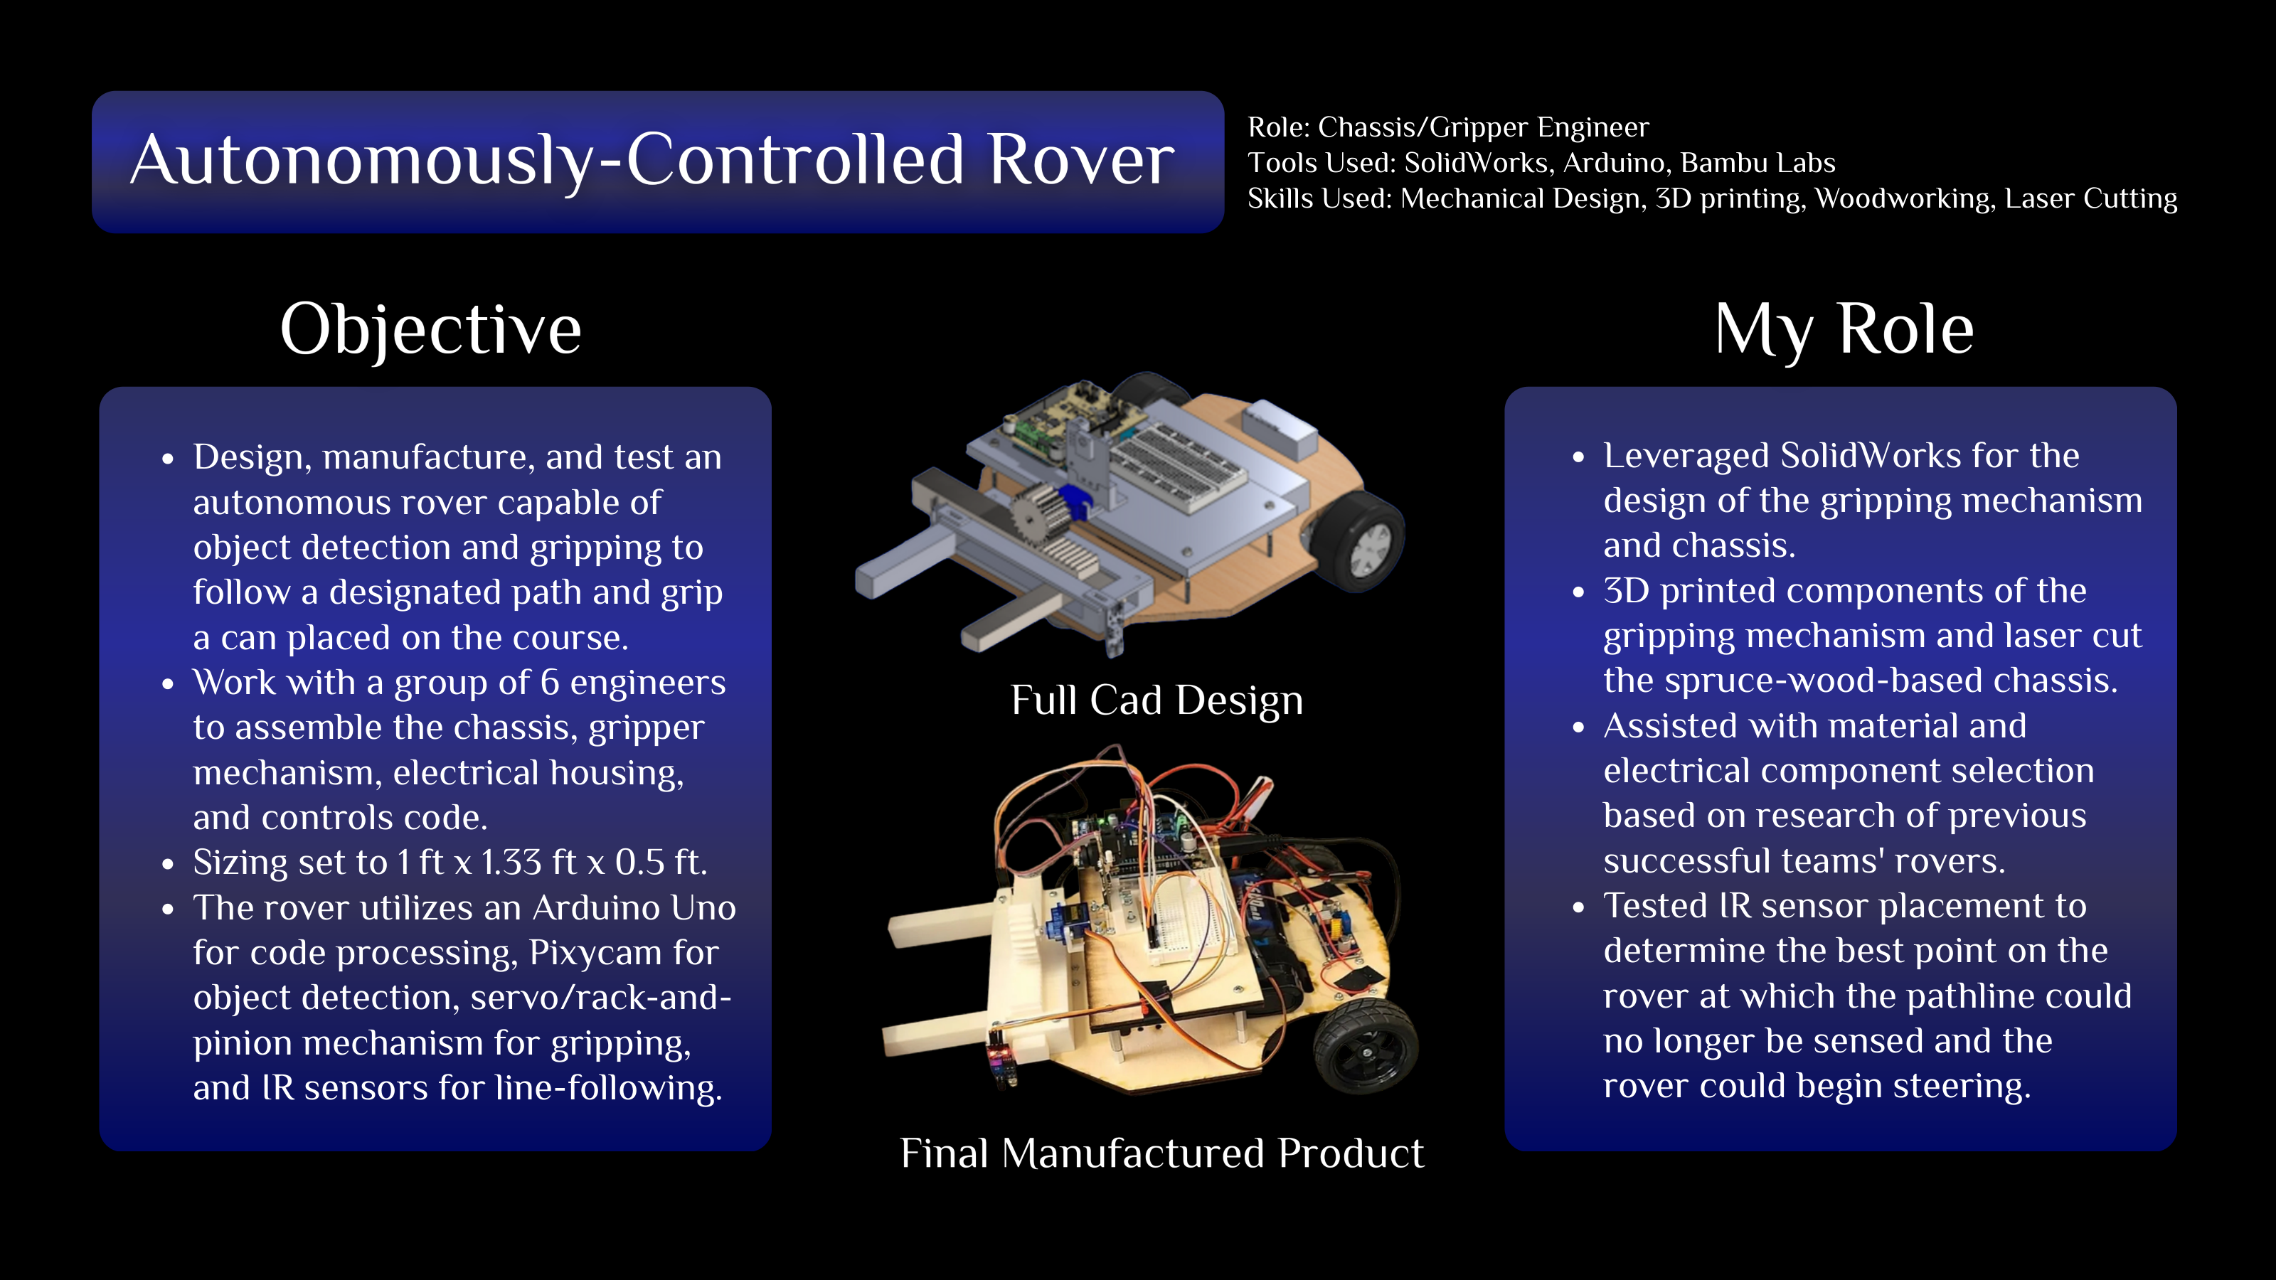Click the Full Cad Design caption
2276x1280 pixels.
coord(1156,700)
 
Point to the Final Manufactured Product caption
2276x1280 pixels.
coord(1162,1153)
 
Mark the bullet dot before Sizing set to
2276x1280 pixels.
coord(168,864)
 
